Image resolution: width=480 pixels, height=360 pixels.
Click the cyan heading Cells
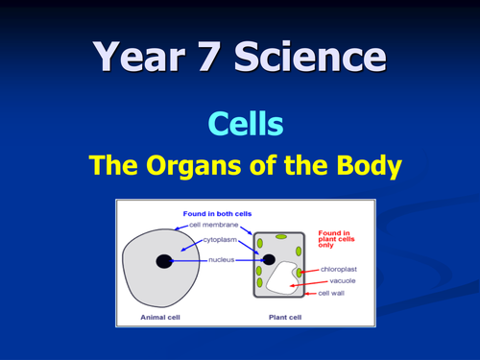pyautogui.click(x=240, y=123)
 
